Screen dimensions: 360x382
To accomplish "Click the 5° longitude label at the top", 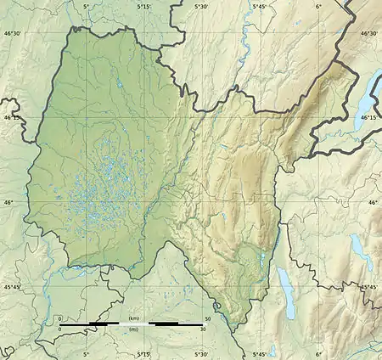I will coord(86,6).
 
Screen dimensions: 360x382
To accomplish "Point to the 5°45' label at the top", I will coord(260,6).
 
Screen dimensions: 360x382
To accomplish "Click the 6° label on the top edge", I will coord(318,6).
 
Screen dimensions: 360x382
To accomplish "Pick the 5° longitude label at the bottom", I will coord(86,354).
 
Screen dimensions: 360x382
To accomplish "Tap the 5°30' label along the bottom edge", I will coord(201,354).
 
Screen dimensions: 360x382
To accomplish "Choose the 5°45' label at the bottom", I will coord(260,354).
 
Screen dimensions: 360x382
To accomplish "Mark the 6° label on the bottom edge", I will coord(318,354).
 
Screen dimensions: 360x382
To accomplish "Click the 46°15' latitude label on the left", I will coord(10,118).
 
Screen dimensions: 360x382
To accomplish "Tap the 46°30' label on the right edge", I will coord(371,34).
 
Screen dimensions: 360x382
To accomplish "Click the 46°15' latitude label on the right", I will coord(371,118).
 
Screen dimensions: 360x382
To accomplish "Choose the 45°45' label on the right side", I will coord(371,287).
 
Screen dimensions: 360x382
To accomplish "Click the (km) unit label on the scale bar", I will coord(132,318).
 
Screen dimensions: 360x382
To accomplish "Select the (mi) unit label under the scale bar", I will coord(132,331).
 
